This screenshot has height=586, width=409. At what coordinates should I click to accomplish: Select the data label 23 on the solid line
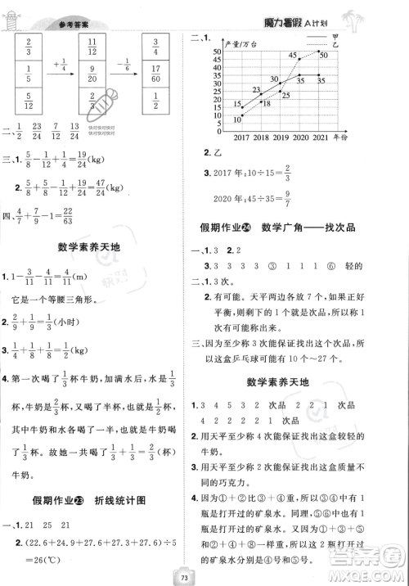coord(256,89)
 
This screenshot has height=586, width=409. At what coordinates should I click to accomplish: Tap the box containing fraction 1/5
coord(28,79)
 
